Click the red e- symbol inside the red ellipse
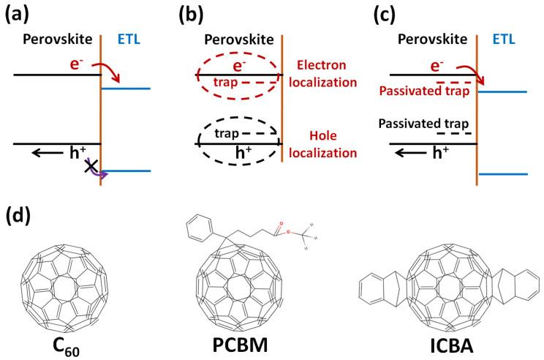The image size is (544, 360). coord(235,67)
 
